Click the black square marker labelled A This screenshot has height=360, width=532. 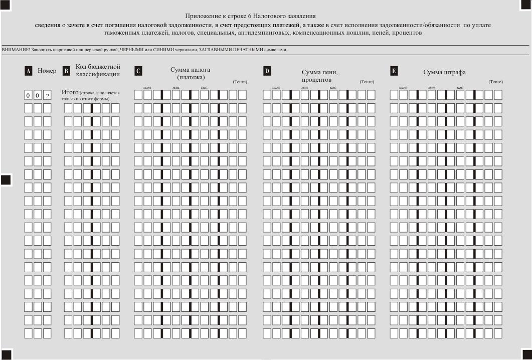29,71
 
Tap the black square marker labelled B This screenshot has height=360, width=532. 66,71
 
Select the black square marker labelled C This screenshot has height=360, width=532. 138,71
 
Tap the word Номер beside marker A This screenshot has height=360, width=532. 47,71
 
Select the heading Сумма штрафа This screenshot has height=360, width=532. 444,72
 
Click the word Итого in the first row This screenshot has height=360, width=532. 70,93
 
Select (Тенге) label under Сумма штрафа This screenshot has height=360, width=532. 495,82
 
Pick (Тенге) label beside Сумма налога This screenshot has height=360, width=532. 240,82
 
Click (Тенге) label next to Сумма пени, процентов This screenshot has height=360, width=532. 367,82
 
